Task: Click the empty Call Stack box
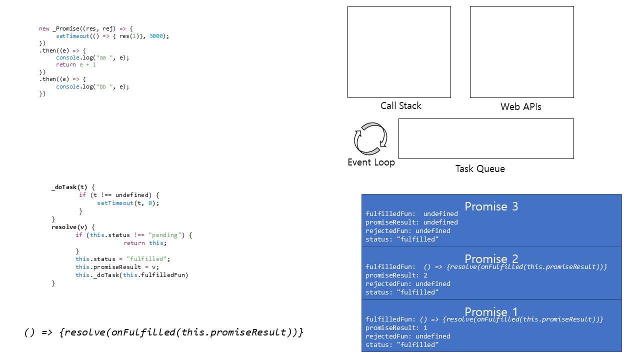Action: point(399,52)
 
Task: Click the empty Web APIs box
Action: point(521,52)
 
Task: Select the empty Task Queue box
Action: point(485,138)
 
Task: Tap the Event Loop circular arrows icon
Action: point(370,138)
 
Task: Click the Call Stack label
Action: point(400,105)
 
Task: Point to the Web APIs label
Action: point(520,106)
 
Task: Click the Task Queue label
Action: point(479,168)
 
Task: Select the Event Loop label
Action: point(371,162)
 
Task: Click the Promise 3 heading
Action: point(491,206)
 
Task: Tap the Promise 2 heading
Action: point(491,258)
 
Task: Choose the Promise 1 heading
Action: point(491,311)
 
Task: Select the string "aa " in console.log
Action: point(103,57)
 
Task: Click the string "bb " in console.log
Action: point(103,86)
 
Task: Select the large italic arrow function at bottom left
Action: point(163,332)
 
